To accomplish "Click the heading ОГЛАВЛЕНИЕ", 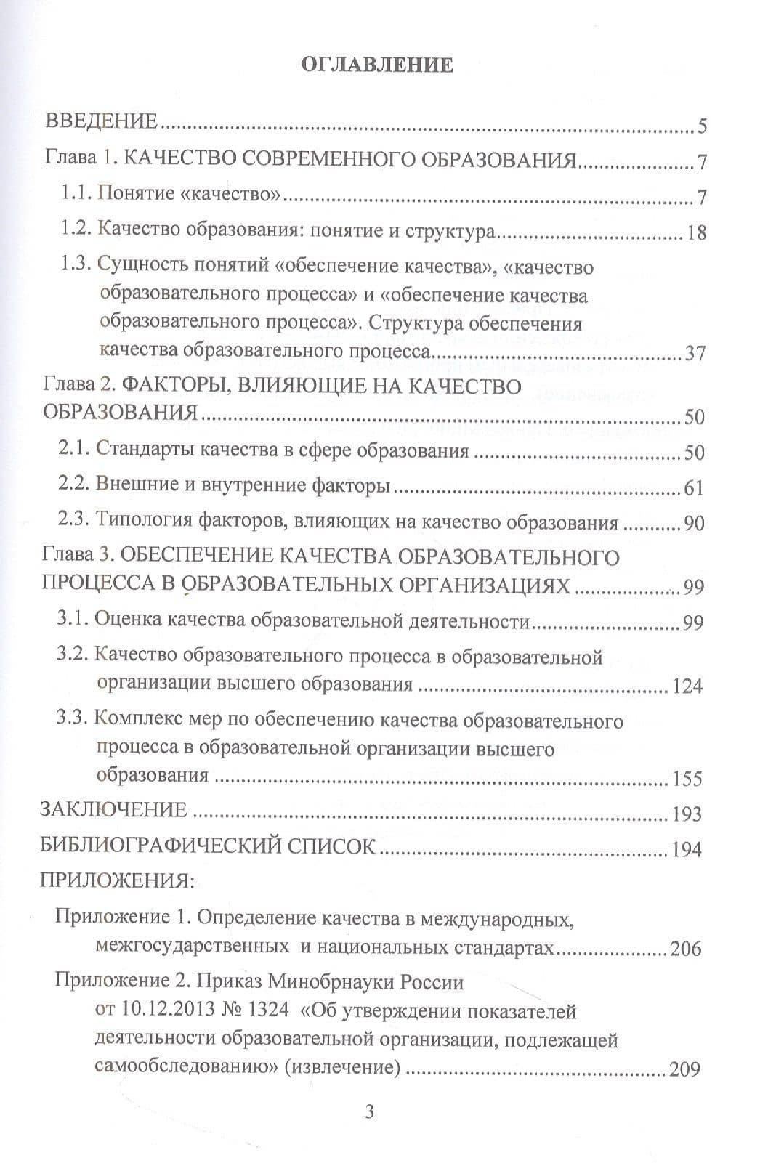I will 376,65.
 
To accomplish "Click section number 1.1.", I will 76,194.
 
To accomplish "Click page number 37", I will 695,354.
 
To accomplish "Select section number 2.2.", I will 76,486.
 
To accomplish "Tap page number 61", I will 694,487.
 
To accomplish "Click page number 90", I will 694,524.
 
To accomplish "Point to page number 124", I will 687,686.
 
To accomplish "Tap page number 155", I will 687,779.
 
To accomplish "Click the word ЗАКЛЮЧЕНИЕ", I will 114,810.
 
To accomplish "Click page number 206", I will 687,949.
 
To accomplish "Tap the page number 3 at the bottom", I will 370,1111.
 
